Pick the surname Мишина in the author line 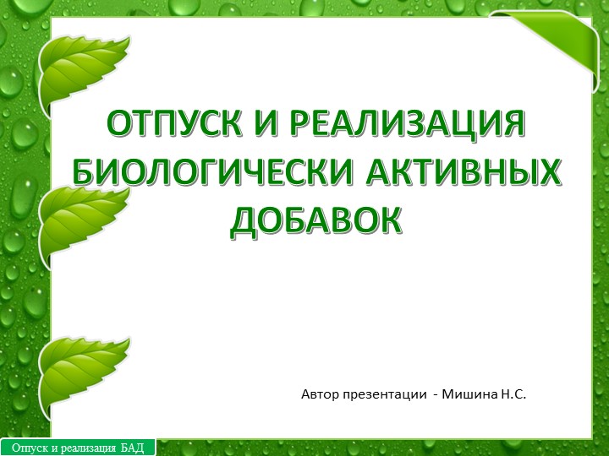(x=474, y=394)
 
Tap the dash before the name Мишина (x=436, y=395)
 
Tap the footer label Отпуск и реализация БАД (x=78, y=448)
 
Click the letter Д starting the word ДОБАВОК (x=247, y=221)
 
